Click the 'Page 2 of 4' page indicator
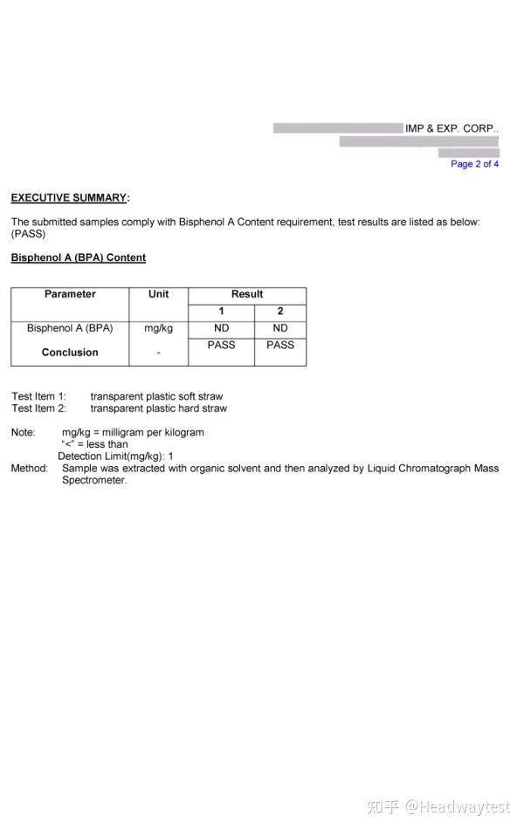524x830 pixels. coord(474,164)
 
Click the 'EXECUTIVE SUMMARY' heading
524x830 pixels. coord(69,198)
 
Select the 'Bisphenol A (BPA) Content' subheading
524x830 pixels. coord(78,258)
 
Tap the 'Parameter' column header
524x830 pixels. coord(70,294)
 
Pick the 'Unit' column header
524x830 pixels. coord(158,294)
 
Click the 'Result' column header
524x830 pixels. coord(247,294)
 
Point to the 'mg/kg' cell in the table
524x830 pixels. coord(158,328)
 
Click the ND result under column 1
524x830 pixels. coord(221,328)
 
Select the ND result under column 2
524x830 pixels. coord(280,328)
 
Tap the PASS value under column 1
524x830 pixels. coord(221,345)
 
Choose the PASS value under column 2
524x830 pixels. coord(280,345)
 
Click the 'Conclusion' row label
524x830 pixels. coord(70,353)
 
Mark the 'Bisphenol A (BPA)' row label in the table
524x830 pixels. coord(70,328)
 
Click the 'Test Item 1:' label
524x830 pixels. coord(38,396)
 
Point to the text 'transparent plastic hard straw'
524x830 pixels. coord(158,408)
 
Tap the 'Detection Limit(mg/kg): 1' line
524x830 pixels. coord(115,456)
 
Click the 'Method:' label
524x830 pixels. coord(29,469)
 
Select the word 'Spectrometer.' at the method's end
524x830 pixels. coord(94,481)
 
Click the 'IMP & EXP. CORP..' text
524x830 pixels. coord(452,129)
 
